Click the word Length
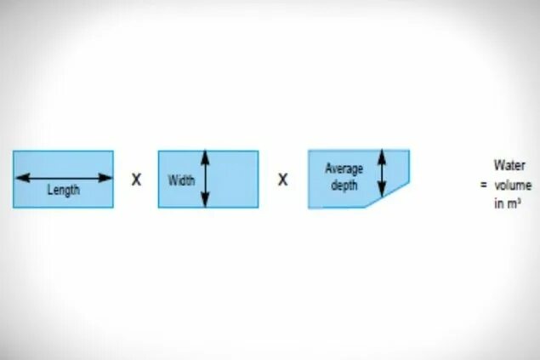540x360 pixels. pyautogui.click(x=63, y=191)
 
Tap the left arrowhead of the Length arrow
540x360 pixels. pyautogui.click(x=18, y=178)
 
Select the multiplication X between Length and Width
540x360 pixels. pyautogui.click(x=136, y=180)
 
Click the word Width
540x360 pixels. pyautogui.click(x=181, y=180)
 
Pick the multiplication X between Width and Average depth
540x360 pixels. pyautogui.click(x=283, y=180)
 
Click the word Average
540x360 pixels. pyautogui.click(x=344, y=169)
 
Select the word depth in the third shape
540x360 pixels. pyautogui.click(x=345, y=185)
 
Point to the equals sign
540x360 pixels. pyautogui.click(x=482, y=185)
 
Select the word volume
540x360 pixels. pyautogui.click(x=511, y=185)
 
